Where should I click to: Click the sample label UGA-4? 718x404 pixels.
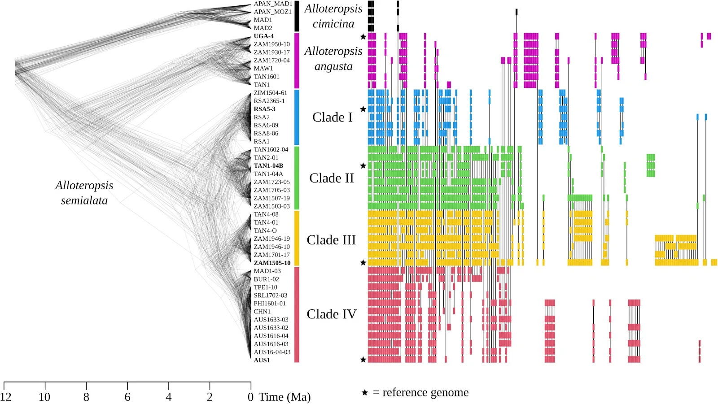(263, 36)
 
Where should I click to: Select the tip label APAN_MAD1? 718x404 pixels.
(273, 4)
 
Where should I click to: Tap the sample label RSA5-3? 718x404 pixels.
(264, 109)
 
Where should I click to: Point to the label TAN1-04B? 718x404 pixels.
(268, 166)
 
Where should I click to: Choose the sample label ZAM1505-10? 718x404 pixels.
(272, 263)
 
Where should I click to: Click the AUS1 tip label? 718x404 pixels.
(262, 360)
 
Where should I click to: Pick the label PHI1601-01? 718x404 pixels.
(270, 304)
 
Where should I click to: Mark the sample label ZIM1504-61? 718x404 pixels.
(270, 93)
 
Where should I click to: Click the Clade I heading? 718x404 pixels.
(333, 117)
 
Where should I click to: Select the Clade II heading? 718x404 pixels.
(332, 178)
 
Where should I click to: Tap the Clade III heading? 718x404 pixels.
(331, 240)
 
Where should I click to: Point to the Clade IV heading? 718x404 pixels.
(332, 314)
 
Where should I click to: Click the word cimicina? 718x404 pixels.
(333, 24)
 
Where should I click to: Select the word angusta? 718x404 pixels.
(333, 67)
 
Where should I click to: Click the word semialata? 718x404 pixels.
(84, 200)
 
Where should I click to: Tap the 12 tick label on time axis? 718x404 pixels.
(5, 397)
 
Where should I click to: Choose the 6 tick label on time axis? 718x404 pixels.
(127, 397)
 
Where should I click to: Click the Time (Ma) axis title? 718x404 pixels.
(285, 397)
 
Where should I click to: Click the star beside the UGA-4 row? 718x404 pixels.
(363, 37)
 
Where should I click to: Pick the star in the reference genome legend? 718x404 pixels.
(365, 393)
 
